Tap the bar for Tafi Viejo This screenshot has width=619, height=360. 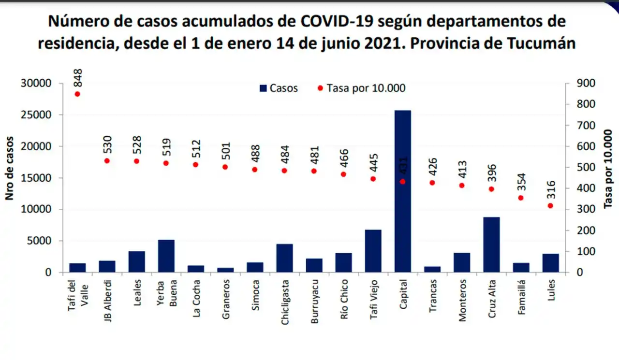pyautogui.click(x=373, y=251)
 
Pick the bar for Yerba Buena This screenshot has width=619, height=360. pyautogui.click(x=166, y=256)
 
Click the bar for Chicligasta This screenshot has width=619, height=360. pyautogui.click(x=284, y=258)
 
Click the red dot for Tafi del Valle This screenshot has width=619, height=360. pyautogui.click(x=77, y=94)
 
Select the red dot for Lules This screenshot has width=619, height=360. pyautogui.click(x=550, y=206)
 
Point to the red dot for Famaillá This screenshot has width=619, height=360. pyautogui.click(x=521, y=198)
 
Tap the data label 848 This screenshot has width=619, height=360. pyautogui.click(x=77, y=78)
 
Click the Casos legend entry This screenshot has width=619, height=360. pyautogui.click(x=279, y=88)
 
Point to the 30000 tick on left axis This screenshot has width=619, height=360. pyautogui.click(x=36, y=83)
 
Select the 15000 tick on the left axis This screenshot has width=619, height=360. pyautogui.click(x=36, y=178)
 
